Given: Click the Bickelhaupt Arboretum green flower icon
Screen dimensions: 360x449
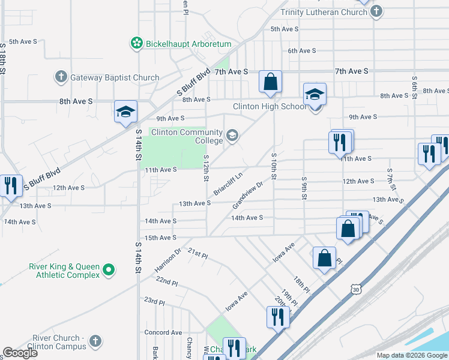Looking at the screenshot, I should click(137, 44).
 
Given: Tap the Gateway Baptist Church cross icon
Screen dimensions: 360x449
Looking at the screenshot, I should click(61, 77).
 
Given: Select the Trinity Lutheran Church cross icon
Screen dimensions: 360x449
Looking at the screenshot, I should click(376, 12).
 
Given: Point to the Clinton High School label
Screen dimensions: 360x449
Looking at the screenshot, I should click(269, 107).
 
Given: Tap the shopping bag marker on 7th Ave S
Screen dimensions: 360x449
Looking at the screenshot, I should click(271, 82).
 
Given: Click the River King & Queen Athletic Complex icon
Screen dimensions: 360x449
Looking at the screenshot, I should click(109, 271).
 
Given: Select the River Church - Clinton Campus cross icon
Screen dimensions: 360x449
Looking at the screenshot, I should click(94, 343).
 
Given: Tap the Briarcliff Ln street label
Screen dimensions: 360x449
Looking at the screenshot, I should click(228, 184).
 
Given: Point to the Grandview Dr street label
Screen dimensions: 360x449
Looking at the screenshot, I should click(248, 196).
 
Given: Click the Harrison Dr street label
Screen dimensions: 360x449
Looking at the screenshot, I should click(167, 259).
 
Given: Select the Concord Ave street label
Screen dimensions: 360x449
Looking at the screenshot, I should click(163, 332).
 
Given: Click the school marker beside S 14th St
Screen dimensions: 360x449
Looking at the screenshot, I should click(126, 112).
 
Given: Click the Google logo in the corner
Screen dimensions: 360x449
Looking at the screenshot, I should click(20, 353).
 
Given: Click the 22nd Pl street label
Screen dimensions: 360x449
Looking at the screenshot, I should click(166, 282).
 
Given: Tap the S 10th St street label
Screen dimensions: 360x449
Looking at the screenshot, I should click(274, 166).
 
